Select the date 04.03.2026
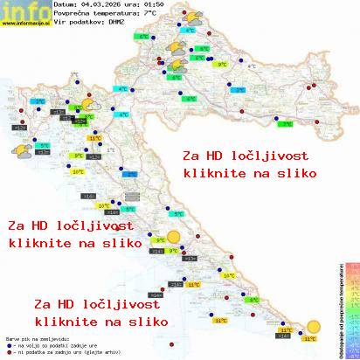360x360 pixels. coord(108,6)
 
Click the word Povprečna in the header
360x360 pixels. coord(75,15)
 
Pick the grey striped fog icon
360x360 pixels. coord(131,197)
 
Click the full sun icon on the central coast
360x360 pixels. coord(176,237)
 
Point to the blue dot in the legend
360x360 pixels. coord(8,343)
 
